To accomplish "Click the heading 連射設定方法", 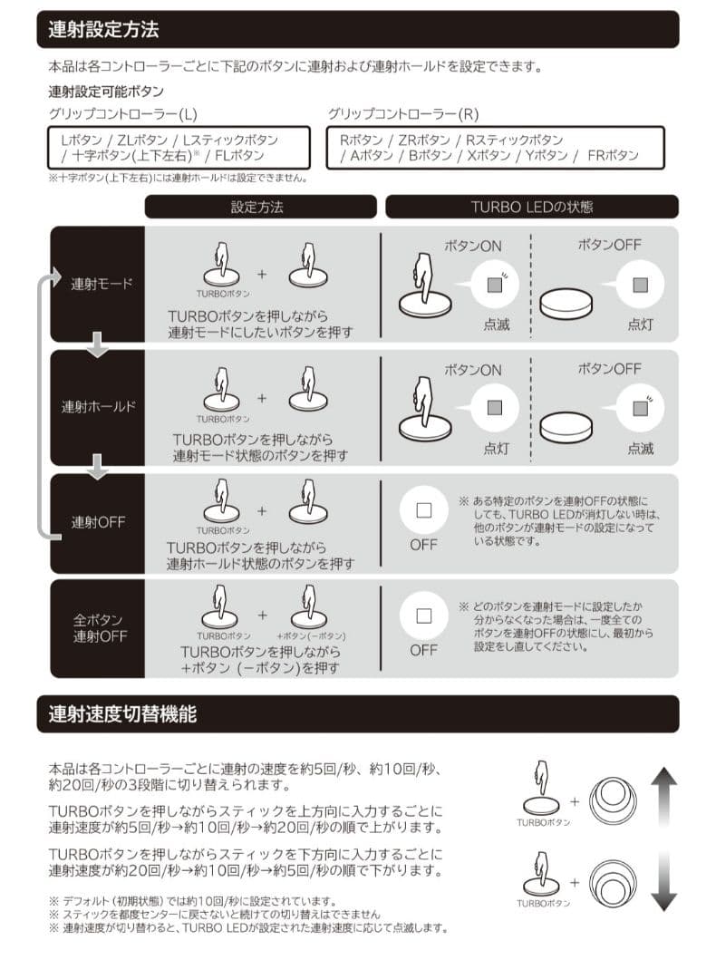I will [x=104, y=29].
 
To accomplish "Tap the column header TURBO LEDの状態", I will [x=532, y=207].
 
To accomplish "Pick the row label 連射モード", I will [x=102, y=283].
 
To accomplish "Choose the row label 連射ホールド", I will [x=99, y=406].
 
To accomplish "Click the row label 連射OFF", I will [x=99, y=522].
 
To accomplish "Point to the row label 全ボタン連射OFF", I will [x=99, y=628].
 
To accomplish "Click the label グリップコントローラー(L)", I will [x=123, y=114].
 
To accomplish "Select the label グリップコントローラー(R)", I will [x=403, y=114].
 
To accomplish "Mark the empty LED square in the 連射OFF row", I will [x=423, y=510].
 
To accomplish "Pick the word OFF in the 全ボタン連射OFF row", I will [x=423, y=650].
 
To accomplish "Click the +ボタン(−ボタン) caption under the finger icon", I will [x=311, y=636].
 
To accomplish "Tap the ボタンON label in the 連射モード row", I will [x=472, y=246].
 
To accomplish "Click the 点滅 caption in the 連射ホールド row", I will [x=641, y=448].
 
